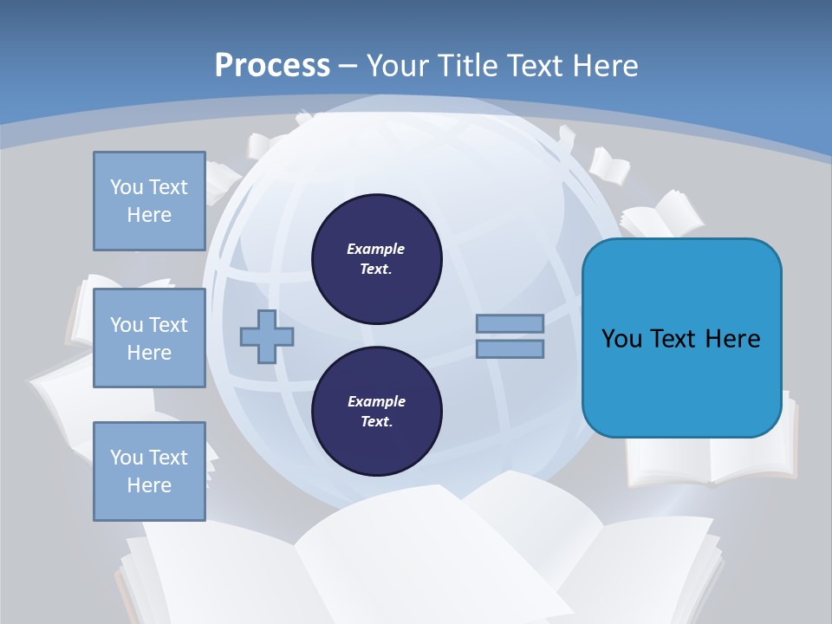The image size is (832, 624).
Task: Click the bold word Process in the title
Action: [x=272, y=66]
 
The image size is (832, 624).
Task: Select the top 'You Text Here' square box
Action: [x=149, y=201]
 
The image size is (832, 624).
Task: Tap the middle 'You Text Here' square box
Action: [x=149, y=338]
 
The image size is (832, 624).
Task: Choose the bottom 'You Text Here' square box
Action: [x=149, y=471]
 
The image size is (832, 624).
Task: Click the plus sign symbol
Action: [x=266, y=336]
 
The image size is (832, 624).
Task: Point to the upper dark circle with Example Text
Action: [x=376, y=258]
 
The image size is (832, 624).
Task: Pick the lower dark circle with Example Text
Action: [x=376, y=411]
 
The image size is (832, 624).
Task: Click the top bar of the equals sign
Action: [x=510, y=323]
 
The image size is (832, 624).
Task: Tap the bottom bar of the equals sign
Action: [x=510, y=349]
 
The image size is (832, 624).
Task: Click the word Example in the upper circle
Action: [x=375, y=249]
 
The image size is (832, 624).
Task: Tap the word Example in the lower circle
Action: [x=375, y=401]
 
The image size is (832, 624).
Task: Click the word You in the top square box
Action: [x=126, y=187]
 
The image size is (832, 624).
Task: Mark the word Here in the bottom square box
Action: [x=149, y=485]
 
